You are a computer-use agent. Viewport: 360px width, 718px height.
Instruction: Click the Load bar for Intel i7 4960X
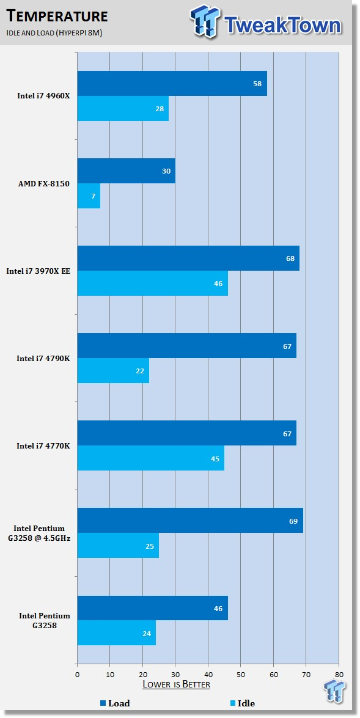point(172,83)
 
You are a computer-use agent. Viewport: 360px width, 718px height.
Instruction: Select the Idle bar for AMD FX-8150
point(89,196)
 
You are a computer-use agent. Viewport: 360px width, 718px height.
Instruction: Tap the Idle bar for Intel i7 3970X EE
point(153,284)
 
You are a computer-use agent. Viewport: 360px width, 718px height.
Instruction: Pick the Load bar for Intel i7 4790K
point(187,346)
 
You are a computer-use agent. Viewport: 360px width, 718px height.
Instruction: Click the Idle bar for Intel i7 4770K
point(151,458)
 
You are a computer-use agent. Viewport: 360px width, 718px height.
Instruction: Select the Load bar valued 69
point(190,521)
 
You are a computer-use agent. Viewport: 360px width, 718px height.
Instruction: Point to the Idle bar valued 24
point(116,633)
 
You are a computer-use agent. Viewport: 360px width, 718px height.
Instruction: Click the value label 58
point(257,84)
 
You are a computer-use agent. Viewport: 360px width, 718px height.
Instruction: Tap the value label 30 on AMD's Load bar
point(166,171)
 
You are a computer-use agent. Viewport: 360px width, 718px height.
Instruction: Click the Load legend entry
point(115,703)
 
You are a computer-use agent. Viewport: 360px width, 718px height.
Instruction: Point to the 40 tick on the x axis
point(208,674)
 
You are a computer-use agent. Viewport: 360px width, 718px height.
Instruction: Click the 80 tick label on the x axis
point(339,674)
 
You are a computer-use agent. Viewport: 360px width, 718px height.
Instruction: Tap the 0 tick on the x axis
point(78,674)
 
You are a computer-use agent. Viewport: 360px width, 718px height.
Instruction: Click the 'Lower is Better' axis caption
point(177,684)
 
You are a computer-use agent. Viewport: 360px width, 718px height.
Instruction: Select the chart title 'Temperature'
point(57,16)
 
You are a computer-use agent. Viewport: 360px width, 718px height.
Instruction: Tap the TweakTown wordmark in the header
point(283,25)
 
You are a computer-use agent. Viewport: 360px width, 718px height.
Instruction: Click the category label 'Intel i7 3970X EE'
point(38,271)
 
